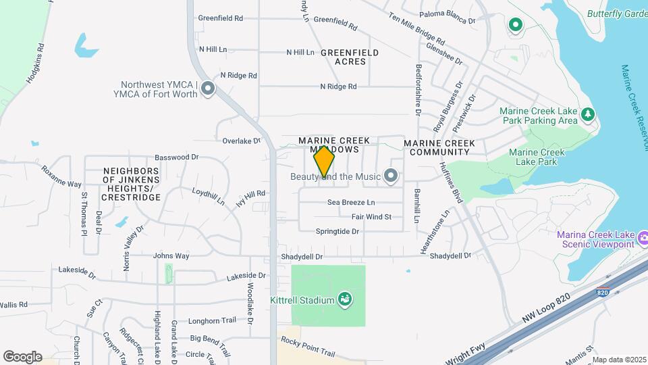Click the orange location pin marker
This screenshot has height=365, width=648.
tap(325, 162)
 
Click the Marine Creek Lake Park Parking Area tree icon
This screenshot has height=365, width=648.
tap(589, 115)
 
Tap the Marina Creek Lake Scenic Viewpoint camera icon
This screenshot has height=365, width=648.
tap(643, 239)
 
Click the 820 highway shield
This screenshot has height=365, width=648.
tap(603, 293)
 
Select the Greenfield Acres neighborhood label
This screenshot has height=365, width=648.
tap(350, 57)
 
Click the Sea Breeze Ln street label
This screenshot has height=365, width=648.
tap(351, 202)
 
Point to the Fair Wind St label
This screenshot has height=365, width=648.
tap(371, 217)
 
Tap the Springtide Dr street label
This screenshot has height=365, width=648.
tap(337, 231)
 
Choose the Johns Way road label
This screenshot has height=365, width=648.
tap(171, 255)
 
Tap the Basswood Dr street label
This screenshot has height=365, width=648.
tap(177, 157)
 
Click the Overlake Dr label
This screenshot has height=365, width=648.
tap(242, 141)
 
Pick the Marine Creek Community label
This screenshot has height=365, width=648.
tap(439, 148)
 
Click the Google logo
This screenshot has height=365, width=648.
tap(22, 356)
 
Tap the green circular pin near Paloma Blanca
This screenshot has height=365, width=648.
tap(516, 26)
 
